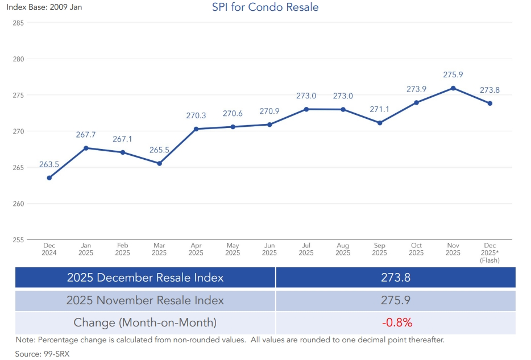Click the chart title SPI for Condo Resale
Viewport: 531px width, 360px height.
pos(265,7)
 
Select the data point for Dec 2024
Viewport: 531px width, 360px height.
pos(49,178)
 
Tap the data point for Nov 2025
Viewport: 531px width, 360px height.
pos(453,88)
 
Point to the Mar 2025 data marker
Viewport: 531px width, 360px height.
pos(159,163)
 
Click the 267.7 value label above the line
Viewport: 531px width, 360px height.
pos(86,135)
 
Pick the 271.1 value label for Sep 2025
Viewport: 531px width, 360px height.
pos(380,109)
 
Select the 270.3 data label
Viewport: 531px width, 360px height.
pos(196,115)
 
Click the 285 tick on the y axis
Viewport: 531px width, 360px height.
pos(18,23)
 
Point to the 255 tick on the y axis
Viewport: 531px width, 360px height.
pos(18,239)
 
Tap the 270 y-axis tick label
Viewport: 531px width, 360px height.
pos(18,131)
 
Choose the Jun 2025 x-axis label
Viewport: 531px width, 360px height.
pos(269,249)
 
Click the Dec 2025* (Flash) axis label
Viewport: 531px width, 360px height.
pos(490,253)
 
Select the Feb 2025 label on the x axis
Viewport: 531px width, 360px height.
pos(123,249)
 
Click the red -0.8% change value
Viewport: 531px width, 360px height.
pos(397,322)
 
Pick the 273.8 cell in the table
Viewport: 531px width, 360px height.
pos(396,278)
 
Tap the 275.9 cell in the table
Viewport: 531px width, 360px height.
pos(396,300)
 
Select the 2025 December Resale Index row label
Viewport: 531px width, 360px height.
pos(145,278)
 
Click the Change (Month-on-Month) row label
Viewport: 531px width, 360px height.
pos(145,322)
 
